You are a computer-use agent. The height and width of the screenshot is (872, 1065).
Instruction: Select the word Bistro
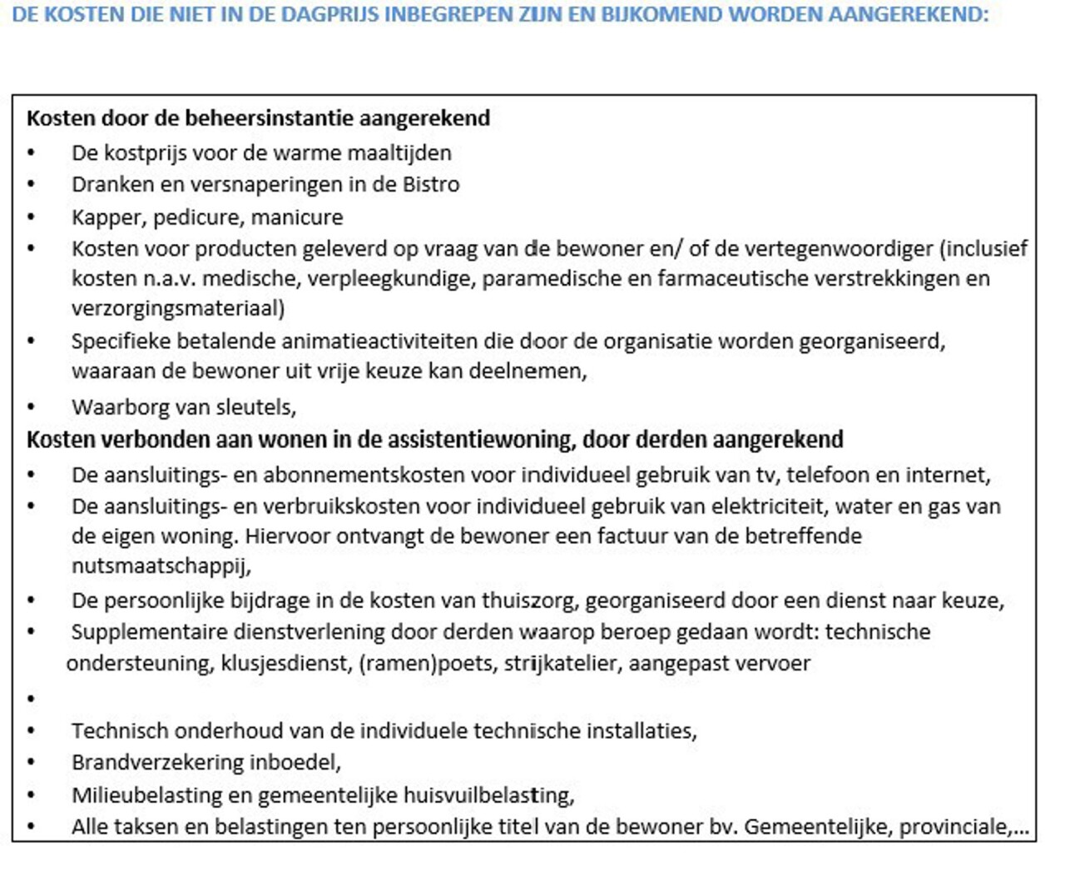pos(431,184)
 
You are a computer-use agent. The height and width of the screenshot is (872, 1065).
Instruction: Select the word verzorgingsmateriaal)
pos(178,308)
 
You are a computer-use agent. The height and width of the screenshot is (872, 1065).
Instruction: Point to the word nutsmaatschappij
pos(160,566)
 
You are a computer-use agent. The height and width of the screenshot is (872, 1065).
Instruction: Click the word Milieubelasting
pos(146,795)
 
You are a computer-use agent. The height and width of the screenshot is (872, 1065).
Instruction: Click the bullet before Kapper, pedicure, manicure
pos(32,217)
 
